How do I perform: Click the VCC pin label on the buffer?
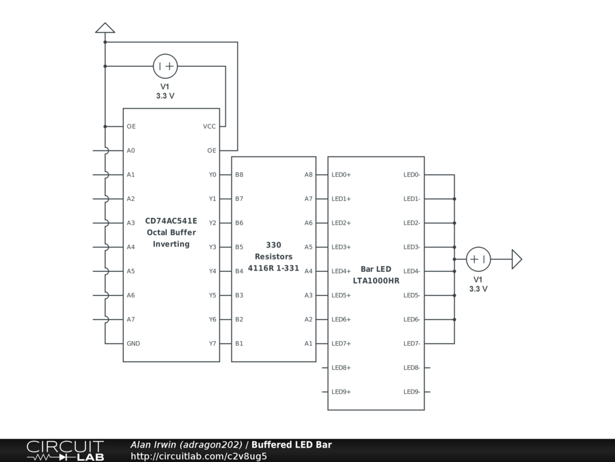[209, 126]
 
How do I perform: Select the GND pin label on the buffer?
[133, 343]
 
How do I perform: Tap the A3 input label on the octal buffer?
[131, 223]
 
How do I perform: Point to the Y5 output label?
[212, 295]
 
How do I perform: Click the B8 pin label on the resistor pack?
[239, 175]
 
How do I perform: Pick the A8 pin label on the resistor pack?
[308, 175]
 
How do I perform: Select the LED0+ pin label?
[341, 175]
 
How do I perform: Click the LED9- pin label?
[411, 392]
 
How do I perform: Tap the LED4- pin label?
[411, 271]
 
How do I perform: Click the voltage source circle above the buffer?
[165, 66]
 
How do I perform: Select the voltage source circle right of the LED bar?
[478, 259]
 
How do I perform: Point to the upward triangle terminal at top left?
[105, 28]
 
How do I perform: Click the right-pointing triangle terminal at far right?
[516, 259]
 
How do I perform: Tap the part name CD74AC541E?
[171, 221]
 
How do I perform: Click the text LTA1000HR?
[376, 280]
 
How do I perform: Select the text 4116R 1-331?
[273, 268]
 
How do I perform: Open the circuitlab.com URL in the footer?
[199, 456]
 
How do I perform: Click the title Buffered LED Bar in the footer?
[291, 445]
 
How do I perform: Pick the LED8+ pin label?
[341, 368]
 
